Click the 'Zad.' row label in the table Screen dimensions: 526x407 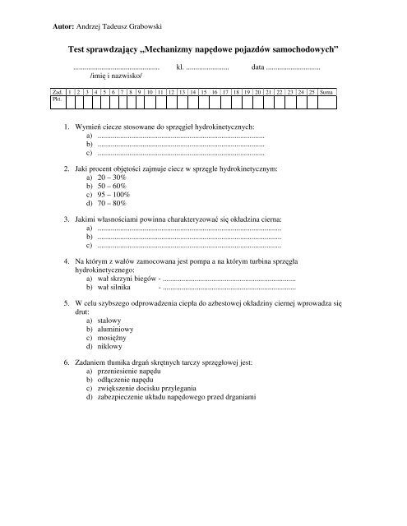click(57, 90)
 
